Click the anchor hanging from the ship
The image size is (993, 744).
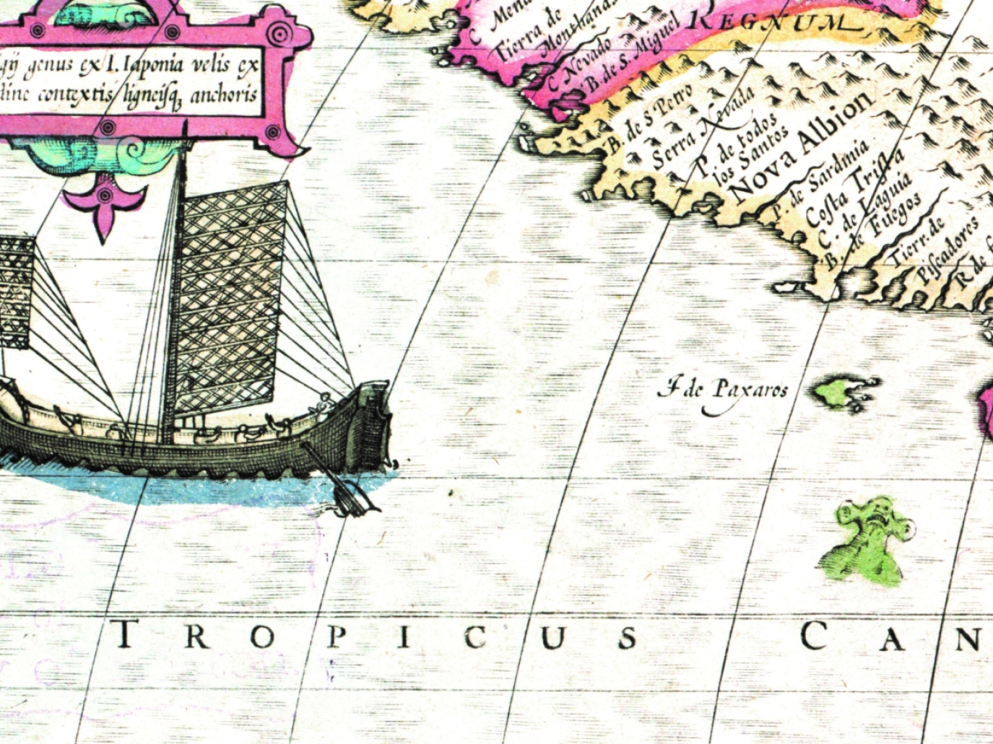click(x=347, y=491)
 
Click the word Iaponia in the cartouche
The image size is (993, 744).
click(x=157, y=66)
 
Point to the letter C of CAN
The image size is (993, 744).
click(x=814, y=636)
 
